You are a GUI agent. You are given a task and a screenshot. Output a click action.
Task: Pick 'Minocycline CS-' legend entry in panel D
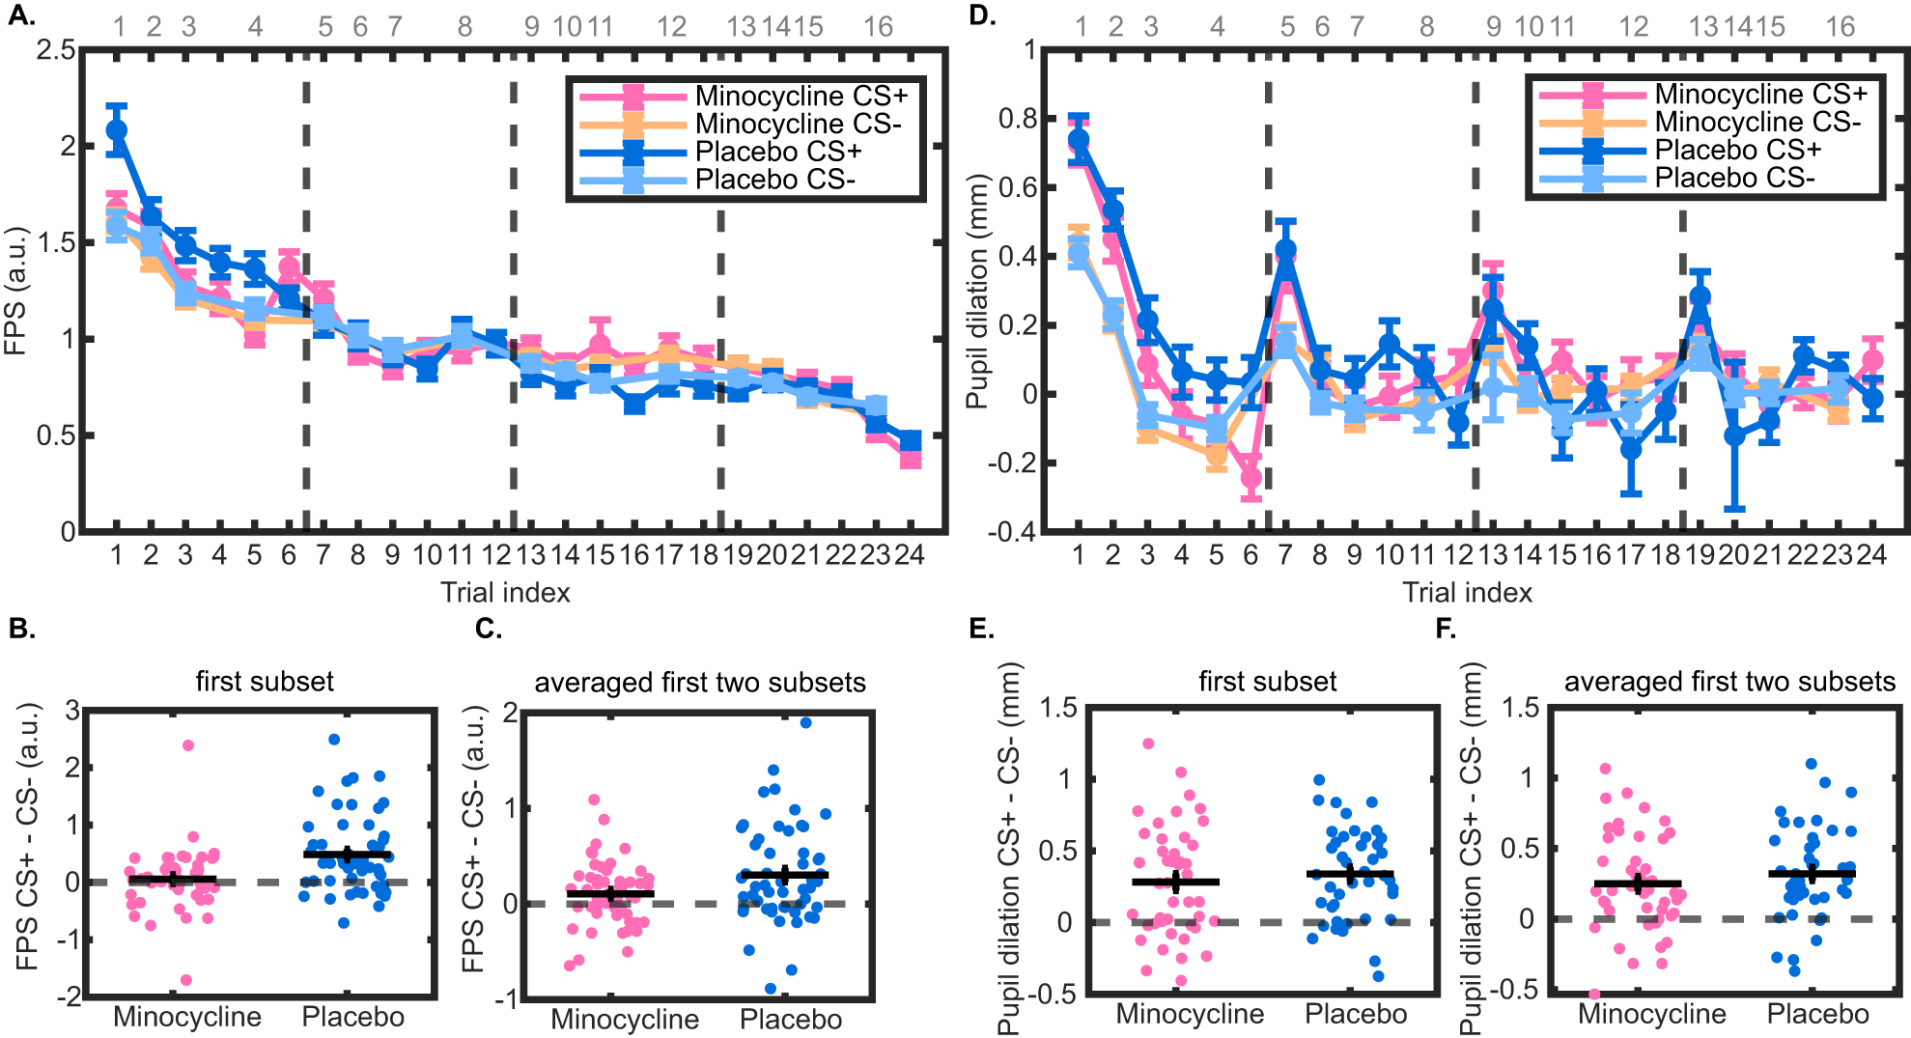[1757, 123]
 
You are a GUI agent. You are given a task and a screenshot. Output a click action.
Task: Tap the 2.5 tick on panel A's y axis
[55, 49]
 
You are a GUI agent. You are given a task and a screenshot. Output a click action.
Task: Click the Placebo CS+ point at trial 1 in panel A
[117, 130]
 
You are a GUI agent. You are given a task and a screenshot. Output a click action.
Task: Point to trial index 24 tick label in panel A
[909, 555]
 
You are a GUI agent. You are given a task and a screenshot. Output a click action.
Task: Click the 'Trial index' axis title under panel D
[1467, 593]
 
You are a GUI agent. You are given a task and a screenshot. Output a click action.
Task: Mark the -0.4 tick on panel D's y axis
[1012, 532]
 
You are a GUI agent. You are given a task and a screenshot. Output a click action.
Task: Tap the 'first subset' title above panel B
[265, 682]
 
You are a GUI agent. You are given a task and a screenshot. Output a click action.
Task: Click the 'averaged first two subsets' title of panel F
[1729, 682]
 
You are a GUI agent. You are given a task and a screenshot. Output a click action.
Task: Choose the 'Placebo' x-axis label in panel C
[791, 1020]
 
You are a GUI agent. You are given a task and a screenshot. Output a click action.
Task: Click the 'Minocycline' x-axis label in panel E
[1190, 1014]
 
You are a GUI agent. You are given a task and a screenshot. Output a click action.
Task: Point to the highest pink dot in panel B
[188, 745]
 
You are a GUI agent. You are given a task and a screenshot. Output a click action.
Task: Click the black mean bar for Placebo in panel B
[348, 855]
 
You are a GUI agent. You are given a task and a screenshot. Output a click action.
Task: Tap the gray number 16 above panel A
[878, 27]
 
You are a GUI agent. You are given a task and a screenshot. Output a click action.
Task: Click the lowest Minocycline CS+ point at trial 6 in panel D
[1251, 477]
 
